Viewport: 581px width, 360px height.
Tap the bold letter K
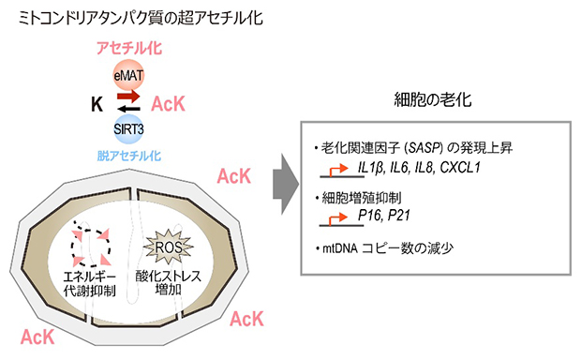coord(97,103)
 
